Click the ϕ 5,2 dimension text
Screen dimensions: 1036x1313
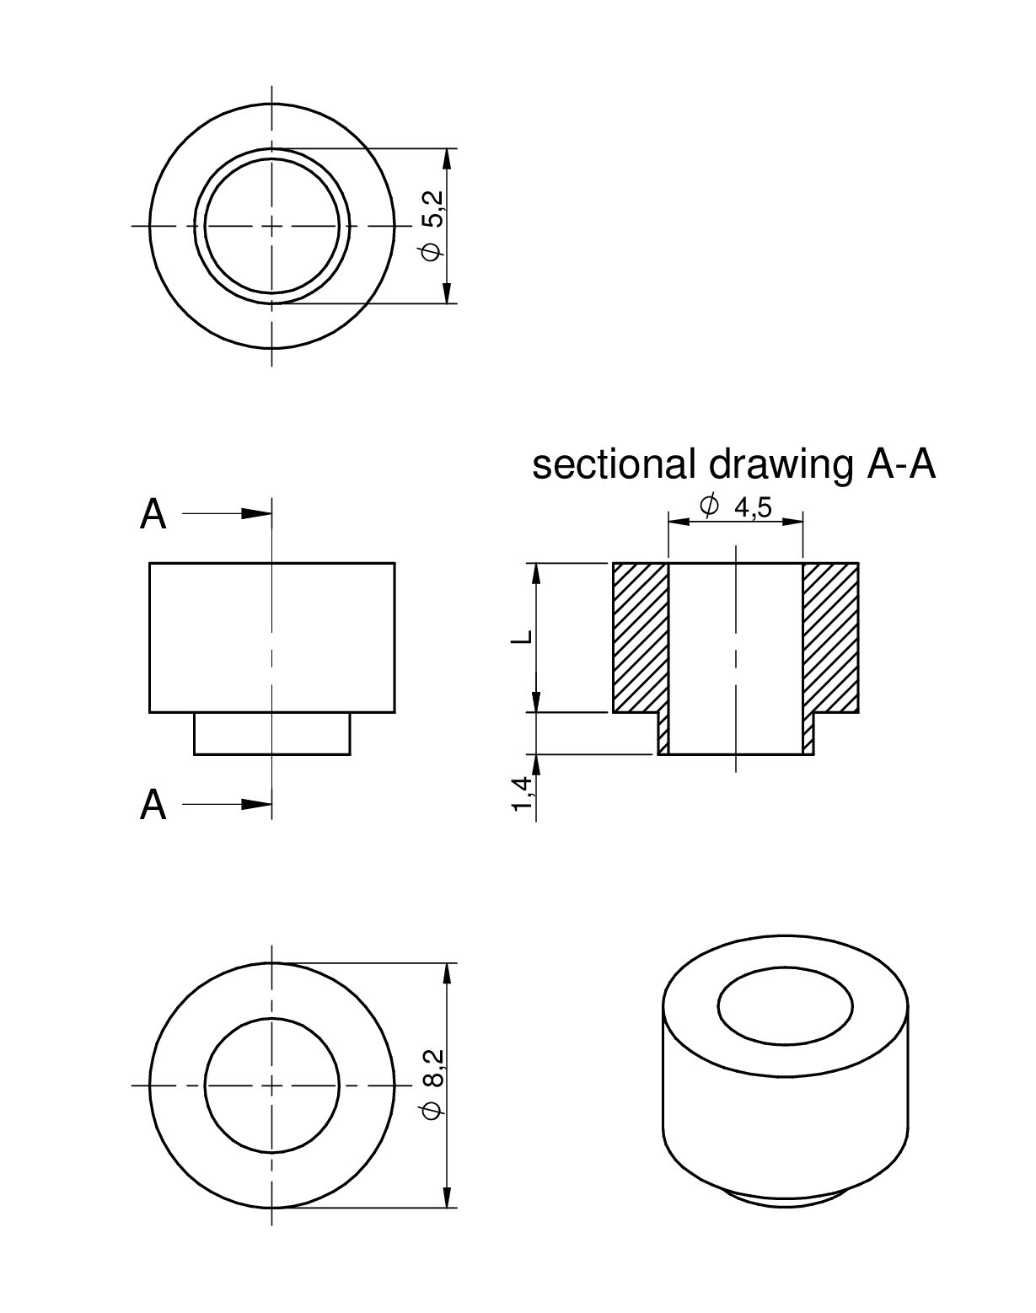(x=434, y=227)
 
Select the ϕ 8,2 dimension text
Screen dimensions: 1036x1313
(x=434, y=1085)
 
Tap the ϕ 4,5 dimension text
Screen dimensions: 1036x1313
(x=736, y=506)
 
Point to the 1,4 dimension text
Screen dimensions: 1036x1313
(x=523, y=793)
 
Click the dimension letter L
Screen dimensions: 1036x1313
(x=523, y=636)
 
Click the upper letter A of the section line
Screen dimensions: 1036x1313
(x=153, y=514)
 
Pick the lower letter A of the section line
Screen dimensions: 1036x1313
(x=153, y=805)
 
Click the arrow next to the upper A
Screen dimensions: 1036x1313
(x=227, y=514)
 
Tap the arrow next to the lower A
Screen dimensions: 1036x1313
(x=227, y=804)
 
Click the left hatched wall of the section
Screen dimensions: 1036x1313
(x=641, y=637)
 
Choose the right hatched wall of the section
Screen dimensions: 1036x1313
(x=831, y=637)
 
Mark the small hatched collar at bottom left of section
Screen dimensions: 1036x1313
(x=663, y=733)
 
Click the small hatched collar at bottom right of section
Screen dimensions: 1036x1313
(x=808, y=733)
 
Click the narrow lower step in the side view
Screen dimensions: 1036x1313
(x=272, y=733)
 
